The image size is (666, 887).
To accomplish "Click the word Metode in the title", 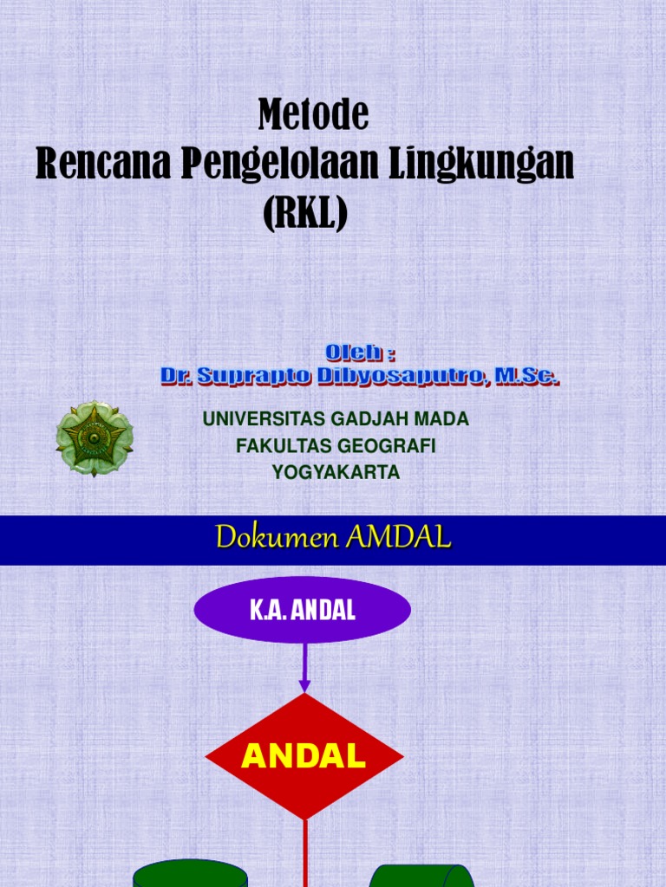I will [313, 114].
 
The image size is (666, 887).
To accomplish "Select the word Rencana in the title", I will [102, 164].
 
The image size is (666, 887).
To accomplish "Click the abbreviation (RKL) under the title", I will [304, 213].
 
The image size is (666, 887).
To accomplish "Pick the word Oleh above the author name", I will [354, 353].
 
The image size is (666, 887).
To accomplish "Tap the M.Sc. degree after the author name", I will [526, 376].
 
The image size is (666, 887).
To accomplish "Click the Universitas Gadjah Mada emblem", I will [95, 438].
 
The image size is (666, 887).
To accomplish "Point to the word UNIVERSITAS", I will [264, 419].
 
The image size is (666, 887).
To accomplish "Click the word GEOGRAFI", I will [386, 446].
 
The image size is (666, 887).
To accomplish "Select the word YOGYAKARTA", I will [336, 473].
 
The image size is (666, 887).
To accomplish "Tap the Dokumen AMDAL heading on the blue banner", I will [334, 539].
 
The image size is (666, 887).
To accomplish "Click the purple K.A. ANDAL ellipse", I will [303, 610].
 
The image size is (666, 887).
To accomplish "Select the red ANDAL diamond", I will [304, 757].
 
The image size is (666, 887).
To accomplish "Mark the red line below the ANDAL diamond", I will [305, 852].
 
